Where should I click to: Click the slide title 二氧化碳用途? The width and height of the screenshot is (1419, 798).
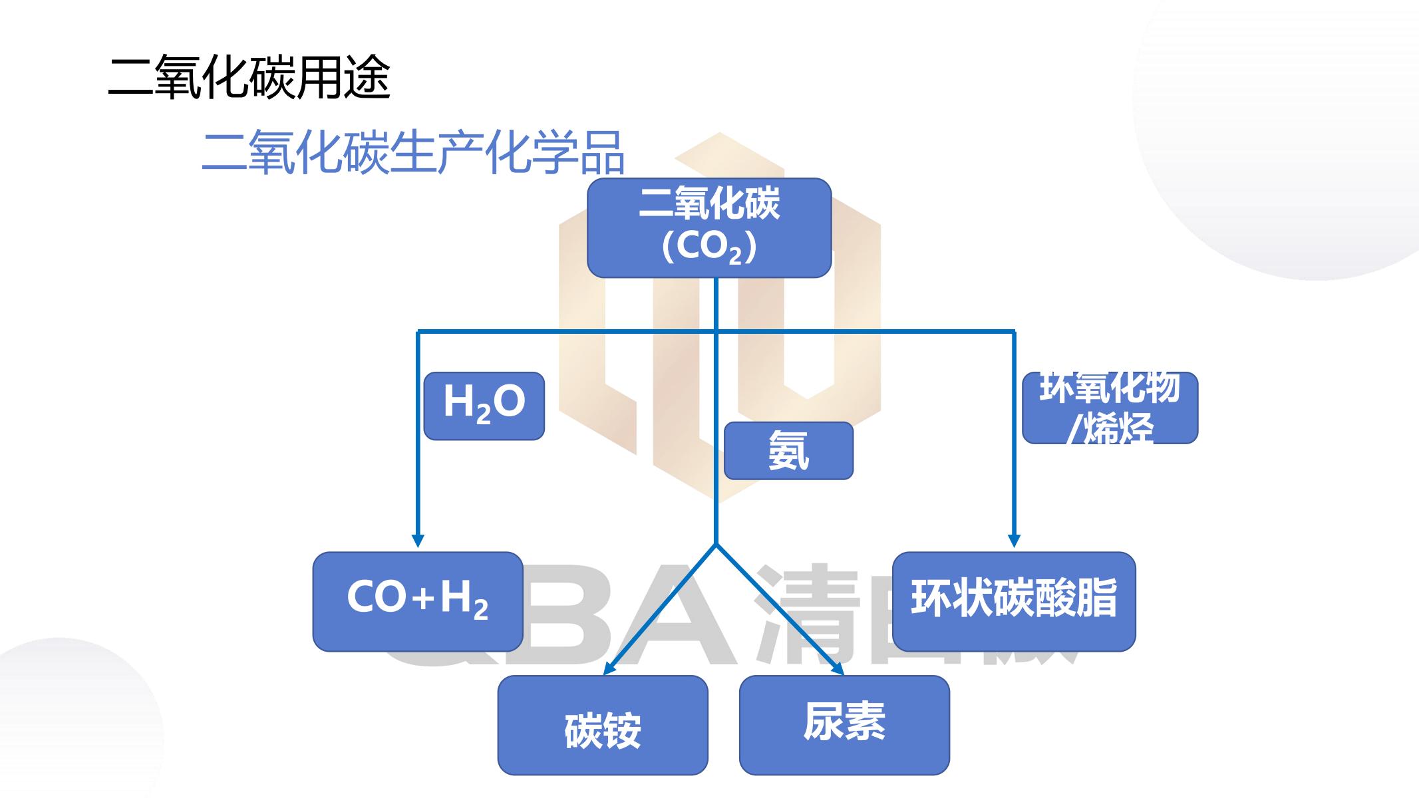click(249, 77)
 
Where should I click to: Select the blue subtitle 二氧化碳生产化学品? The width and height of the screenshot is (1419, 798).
click(412, 152)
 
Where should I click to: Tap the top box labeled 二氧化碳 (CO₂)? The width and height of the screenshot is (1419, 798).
click(709, 227)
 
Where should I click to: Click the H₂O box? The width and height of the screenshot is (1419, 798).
click(484, 406)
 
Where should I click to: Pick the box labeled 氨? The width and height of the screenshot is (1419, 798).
click(788, 450)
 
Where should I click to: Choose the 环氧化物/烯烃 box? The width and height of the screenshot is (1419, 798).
click(1110, 408)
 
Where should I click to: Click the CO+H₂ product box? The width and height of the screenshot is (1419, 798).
click(418, 601)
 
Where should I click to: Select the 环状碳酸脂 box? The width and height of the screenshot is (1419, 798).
click(1013, 601)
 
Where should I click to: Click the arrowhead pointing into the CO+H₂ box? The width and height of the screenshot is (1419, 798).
click(418, 541)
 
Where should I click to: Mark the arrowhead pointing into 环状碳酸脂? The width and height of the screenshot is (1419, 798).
click(1014, 541)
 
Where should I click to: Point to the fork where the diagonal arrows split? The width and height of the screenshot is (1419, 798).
click(716, 545)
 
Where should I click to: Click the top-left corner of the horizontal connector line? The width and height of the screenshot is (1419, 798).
click(418, 331)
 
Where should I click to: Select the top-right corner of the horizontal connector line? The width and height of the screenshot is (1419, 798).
click(1014, 331)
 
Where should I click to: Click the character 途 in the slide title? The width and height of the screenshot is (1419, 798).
click(367, 77)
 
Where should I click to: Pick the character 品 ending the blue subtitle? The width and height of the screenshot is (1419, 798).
click(601, 152)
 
